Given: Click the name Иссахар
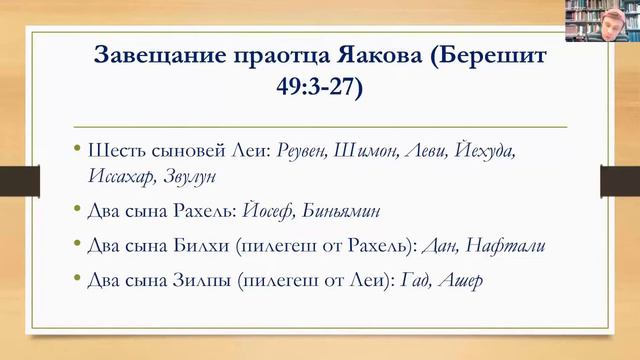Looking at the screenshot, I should [122, 175].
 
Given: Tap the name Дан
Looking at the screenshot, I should [445, 246].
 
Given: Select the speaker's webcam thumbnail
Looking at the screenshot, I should [600, 19].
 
